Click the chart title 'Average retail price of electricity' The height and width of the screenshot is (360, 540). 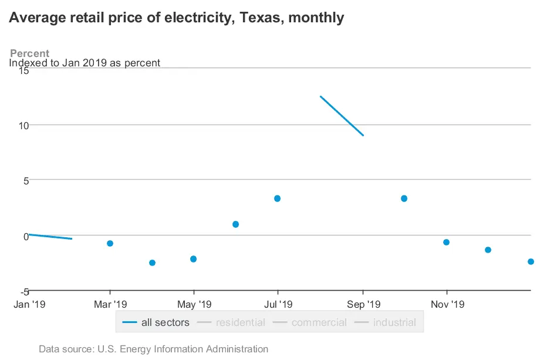176,18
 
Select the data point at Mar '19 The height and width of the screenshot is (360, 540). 110,243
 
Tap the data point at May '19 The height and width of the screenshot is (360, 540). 193,259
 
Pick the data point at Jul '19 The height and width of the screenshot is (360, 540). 277,198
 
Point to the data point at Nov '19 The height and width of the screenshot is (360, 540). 446,242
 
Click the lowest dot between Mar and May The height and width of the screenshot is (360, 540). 152,263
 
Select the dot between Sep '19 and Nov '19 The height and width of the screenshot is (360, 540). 404,198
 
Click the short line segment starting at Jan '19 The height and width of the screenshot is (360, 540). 50,237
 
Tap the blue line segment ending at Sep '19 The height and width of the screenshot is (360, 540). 342,116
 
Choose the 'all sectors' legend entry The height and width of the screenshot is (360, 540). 157,322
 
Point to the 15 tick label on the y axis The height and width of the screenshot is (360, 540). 23,70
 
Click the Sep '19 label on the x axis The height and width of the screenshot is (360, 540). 363,304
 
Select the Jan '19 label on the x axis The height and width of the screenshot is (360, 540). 30,304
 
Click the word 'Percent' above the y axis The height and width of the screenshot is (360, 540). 30,53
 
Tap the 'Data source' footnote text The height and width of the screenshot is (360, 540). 153,349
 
